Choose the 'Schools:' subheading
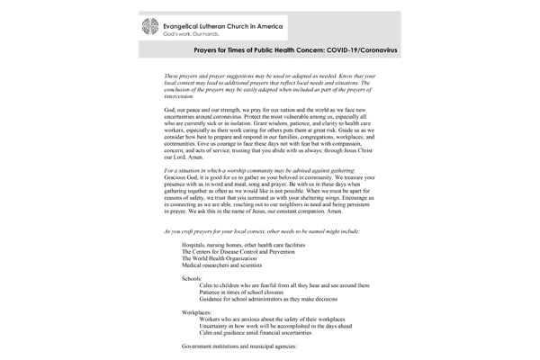(x=193, y=278)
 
